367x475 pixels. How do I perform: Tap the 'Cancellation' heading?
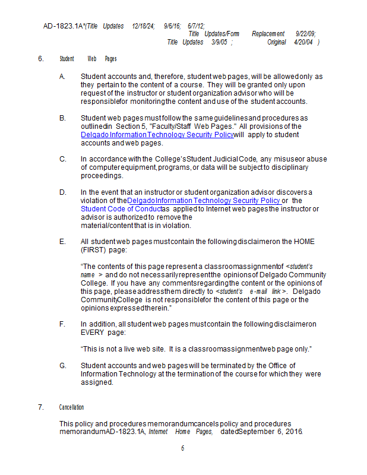coord(71,407)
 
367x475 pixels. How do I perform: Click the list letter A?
coord(62,77)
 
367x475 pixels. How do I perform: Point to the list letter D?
coord(62,192)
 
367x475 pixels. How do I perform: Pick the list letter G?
coord(62,365)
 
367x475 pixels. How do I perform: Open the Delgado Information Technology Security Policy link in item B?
coord(157,135)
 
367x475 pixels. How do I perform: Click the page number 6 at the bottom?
coord(183,448)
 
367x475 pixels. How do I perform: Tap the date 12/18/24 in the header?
coord(143,26)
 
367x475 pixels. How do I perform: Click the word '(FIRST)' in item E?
coord(94,250)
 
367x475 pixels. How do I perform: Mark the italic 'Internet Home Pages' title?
coord(181,432)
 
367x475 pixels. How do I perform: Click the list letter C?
coord(62,159)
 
